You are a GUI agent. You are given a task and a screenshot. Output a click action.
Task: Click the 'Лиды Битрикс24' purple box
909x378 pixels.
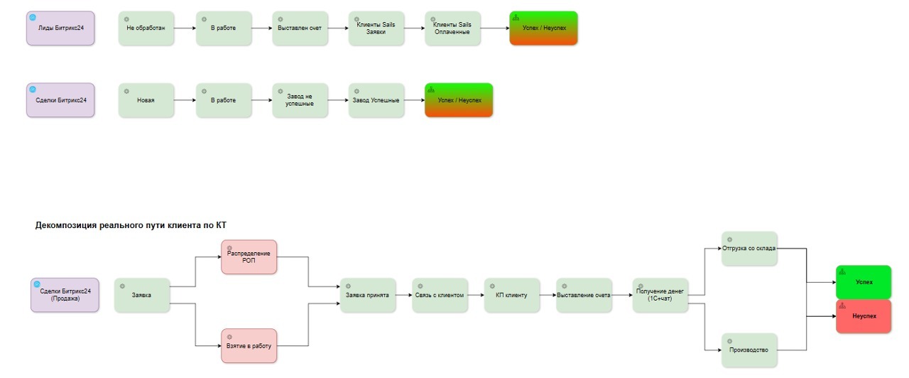[60, 28]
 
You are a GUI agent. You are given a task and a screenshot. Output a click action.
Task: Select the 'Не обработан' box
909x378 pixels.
[146, 28]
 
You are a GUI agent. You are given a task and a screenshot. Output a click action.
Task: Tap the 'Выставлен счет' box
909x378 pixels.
[300, 28]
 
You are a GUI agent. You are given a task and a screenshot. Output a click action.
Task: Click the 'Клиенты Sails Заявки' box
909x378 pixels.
[376, 28]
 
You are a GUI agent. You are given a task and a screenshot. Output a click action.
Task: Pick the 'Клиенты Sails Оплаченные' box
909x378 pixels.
[452, 28]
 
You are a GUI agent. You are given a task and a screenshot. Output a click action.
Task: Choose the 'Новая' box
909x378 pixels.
[146, 100]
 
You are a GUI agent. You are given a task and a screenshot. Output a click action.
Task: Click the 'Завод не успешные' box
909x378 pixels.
[300, 100]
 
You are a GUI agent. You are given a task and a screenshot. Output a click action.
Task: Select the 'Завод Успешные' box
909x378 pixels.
[376, 100]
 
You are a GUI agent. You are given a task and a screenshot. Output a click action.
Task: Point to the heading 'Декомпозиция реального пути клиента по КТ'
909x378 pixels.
[131, 225]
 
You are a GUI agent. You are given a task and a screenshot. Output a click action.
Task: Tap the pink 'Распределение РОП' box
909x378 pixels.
[249, 257]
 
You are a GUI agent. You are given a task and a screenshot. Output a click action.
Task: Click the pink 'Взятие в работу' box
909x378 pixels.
[249, 346]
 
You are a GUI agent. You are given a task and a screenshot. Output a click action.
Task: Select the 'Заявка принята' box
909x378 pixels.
[368, 295]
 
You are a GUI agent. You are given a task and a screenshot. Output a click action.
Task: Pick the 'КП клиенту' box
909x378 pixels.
[512, 295]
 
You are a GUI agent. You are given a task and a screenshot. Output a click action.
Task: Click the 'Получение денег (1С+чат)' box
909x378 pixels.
[660, 295]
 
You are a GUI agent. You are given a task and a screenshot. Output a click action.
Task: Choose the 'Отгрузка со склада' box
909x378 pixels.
[749, 249]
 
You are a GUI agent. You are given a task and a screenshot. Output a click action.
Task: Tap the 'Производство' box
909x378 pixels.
[749, 350]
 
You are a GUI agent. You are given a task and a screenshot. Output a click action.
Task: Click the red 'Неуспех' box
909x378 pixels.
[864, 316]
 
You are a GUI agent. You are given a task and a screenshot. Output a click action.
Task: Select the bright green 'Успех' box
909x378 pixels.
[864, 282]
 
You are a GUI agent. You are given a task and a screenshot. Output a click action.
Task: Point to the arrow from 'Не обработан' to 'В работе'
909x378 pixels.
[185, 28]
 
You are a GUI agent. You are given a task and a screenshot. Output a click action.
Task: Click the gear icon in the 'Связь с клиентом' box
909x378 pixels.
[420, 286]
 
